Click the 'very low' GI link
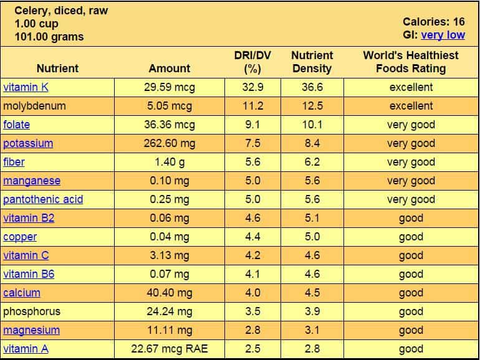click(443, 35)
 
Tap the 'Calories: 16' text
click(434, 22)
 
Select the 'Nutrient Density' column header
click(312, 62)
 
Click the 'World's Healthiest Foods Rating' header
click(410, 62)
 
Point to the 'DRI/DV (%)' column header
click(252, 62)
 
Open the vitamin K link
click(26, 87)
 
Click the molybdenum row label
click(34, 106)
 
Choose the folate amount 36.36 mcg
click(170, 125)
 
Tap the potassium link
click(28, 143)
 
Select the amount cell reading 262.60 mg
click(170, 143)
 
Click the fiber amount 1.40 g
click(170, 162)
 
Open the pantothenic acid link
click(43, 199)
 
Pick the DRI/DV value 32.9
click(252, 87)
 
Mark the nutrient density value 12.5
click(312, 106)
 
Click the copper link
click(20, 237)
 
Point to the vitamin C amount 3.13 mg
click(170, 255)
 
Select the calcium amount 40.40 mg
click(170, 293)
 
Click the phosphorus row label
click(32, 311)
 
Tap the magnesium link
click(31, 330)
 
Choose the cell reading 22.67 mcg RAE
click(170, 349)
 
